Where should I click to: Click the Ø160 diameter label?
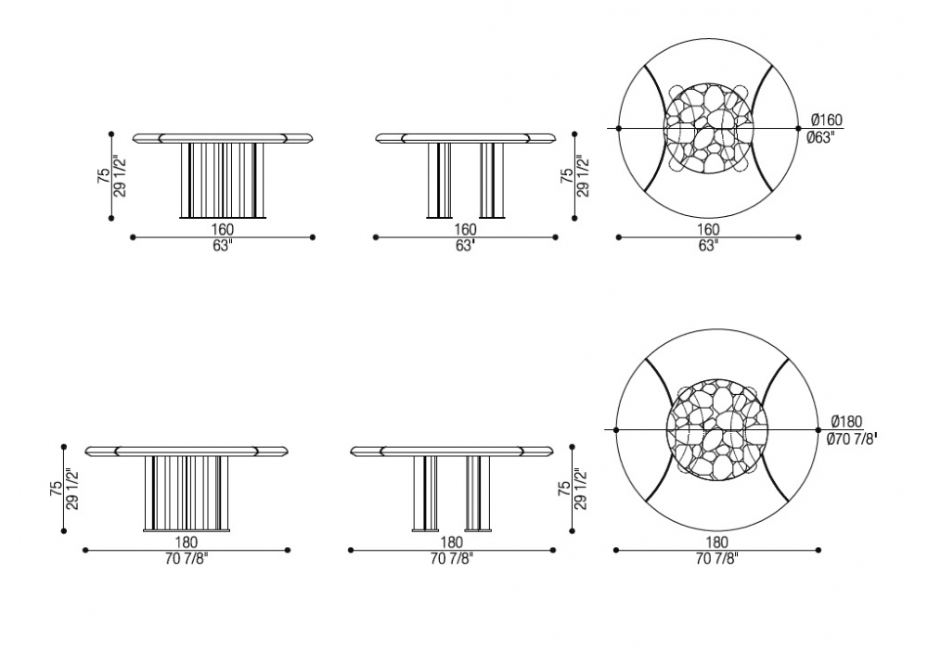824,120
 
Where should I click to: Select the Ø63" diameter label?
820,137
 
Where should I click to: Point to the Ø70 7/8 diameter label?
852,439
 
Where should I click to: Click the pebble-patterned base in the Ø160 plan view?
708,128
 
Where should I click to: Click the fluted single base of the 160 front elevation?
223,180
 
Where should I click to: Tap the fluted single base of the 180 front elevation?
187,493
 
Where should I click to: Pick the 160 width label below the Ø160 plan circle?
708,229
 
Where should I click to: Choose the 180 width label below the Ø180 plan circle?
716,541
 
